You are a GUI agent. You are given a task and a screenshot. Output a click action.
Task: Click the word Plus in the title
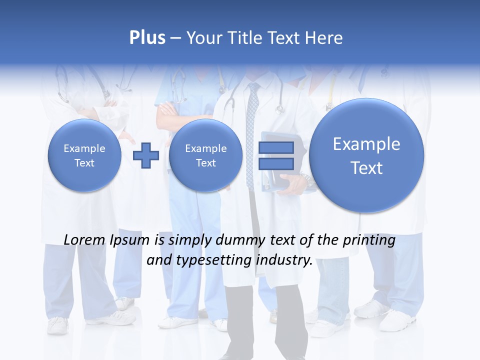[x=147, y=37]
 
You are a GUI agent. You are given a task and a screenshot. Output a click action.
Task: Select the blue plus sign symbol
[x=145, y=155]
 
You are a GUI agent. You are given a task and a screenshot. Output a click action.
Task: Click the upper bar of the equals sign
[x=275, y=148]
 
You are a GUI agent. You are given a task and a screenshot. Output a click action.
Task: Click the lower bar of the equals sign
[x=275, y=163]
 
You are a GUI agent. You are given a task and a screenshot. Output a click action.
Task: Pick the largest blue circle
[x=366, y=155]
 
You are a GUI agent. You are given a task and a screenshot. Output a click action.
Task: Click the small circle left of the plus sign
[x=84, y=155]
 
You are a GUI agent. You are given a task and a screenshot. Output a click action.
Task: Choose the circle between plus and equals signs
[x=205, y=155]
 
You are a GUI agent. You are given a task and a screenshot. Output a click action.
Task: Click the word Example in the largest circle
[x=366, y=144]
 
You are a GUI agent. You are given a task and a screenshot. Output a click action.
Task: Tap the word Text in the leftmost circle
[x=84, y=163]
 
